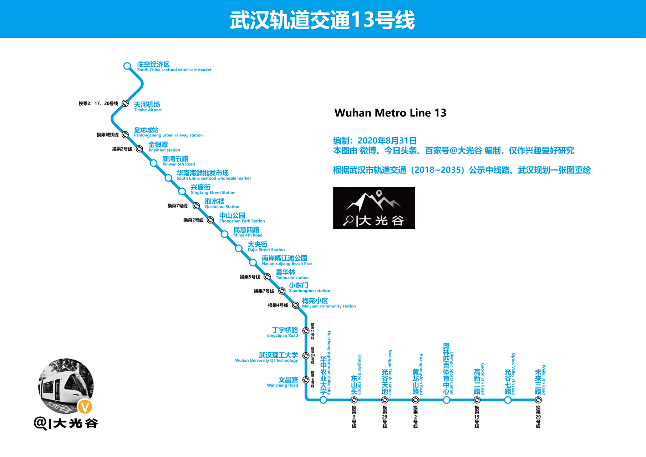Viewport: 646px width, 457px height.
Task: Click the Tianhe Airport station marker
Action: (x=125, y=104)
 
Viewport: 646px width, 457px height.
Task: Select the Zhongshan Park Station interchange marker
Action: (x=210, y=220)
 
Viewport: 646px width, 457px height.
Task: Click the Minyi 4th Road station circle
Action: (x=224, y=234)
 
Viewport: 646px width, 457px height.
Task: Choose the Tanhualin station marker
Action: (x=267, y=277)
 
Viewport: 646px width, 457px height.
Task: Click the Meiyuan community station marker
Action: (x=295, y=305)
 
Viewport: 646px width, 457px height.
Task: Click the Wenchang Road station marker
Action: (x=306, y=380)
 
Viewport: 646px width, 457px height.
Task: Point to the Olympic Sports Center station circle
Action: (x=446, y=400)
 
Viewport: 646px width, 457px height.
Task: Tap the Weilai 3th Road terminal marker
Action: (x=538, y=400)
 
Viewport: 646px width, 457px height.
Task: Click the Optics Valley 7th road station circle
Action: (x=508, y=400)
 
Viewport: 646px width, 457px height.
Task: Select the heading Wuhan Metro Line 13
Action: (x=390, y=113)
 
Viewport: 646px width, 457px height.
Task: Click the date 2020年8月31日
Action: (x=387, y=141)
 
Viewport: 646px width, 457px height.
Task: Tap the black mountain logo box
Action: (x=374, y=208)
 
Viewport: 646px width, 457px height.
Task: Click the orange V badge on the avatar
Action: (x=85, y=407)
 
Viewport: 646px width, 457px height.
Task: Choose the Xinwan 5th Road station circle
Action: (x=154, y=163)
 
